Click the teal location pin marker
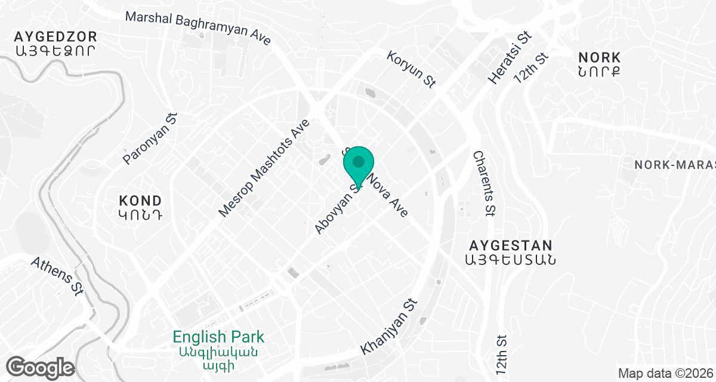pos(359,163)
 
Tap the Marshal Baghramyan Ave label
pos(198,28)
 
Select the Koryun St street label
pos(412,70)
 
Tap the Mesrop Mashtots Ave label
pos(264,168)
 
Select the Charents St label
pos(484,183)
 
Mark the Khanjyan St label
pos(388,326)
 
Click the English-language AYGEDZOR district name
pos(55,36)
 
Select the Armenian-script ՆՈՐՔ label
pos(600,72)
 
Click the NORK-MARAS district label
pos(675,164)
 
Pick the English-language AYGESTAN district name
pos(511,245)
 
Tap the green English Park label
pos(218,337)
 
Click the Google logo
pos(41,366)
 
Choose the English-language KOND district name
pos(140,200)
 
